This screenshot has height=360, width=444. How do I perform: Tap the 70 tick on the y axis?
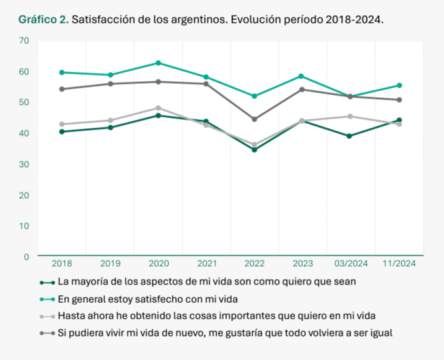coord(25,41)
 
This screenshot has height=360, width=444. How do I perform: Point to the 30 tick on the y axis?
coord(25,164)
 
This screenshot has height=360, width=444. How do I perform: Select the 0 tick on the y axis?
coord(27,257)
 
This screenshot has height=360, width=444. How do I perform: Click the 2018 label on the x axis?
coord(62,263)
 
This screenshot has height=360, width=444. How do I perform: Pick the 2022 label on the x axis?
coord(255,263)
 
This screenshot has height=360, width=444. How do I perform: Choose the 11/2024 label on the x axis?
coord(400,263)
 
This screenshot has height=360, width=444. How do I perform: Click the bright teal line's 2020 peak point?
coord(158,63)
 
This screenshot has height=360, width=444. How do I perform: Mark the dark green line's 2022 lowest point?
coord(255,150)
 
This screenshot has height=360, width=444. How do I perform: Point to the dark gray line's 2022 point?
coord(255,119)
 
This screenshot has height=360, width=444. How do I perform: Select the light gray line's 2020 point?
coord(158,108)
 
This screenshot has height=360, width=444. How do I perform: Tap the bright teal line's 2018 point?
coord(62,72)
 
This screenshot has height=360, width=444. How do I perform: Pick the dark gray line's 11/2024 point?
coord(400,100)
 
